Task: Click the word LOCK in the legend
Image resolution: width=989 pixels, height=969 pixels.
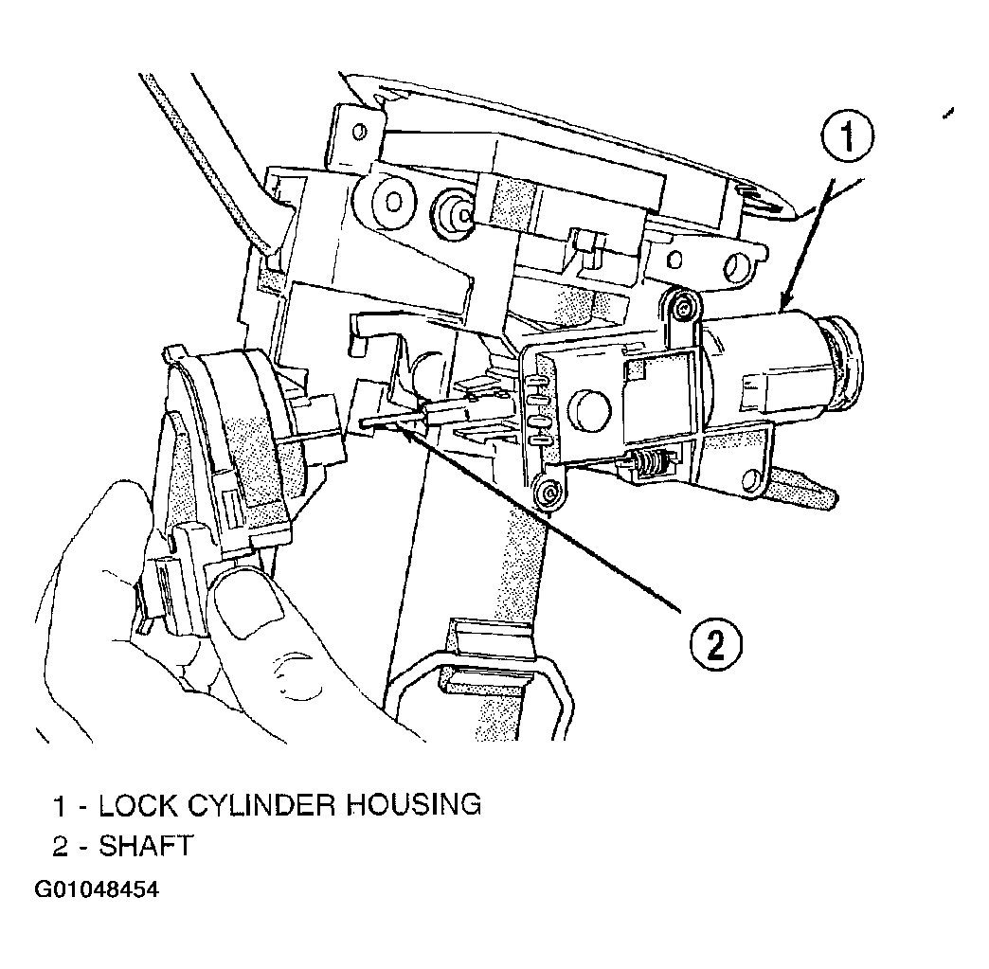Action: pyautogui.click(x=138, y=806)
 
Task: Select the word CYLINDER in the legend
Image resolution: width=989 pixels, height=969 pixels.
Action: pyautogui.click(x=260, y=806)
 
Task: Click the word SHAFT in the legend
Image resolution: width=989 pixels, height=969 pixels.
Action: pyautogui.click(x=145, y=846)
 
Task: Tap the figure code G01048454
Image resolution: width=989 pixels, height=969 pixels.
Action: pyautogui.click(x=97, y=889)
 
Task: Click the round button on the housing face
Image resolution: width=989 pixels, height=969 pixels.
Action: pyautogui.click(x=589, y=410)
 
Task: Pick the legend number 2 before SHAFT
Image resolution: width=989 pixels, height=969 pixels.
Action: pyautogui.click(x=60, y=847)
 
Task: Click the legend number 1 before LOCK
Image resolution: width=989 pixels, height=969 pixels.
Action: pyautogui.click(x=60, y=806)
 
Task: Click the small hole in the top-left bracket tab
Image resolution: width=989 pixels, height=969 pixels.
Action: pyautogui.click(x=360, y=132)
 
